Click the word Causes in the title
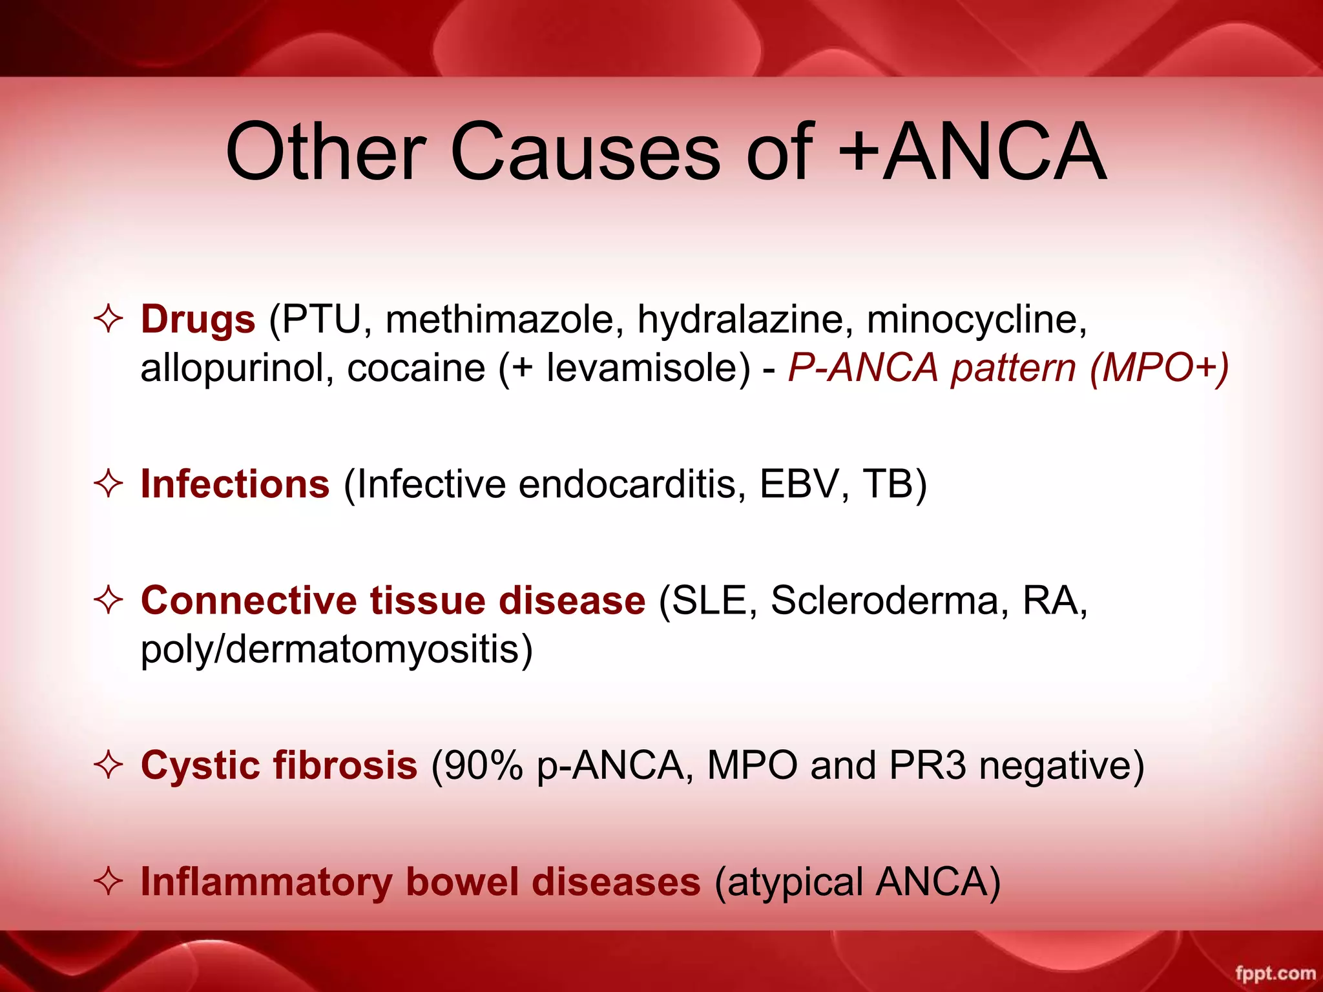(x=585, y=152)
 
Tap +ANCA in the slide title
(x=972, y=152)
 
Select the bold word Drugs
(x=198, y=319)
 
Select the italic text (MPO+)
(x=1160, y=368)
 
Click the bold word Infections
(x=235, y=484)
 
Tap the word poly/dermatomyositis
(x=337, y=650)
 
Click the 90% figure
(x=477, y=766)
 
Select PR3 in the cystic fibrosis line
(x=927, y=766)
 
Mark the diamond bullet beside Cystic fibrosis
(x=109, y=766)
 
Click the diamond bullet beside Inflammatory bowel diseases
(x=109, y=882)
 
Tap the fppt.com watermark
(x=1275, y=973)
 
